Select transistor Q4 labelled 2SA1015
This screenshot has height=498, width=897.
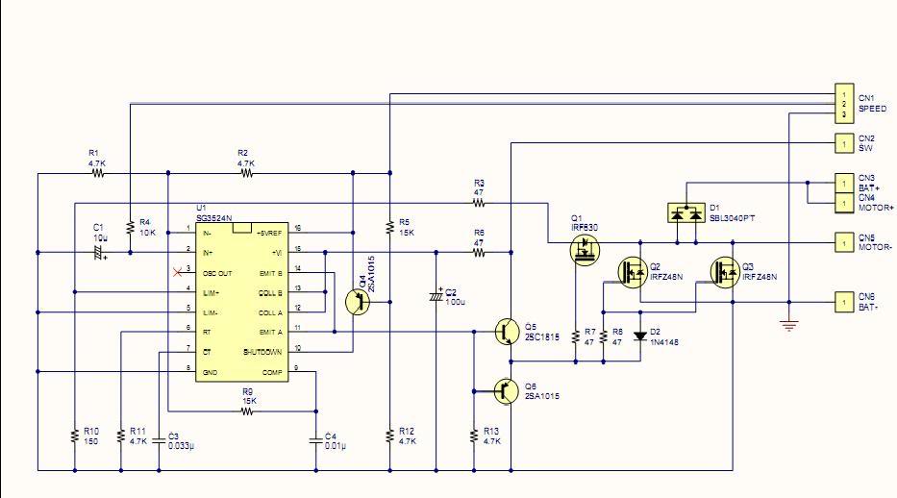pos(358,301)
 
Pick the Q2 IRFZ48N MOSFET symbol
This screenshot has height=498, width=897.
pos(631,272)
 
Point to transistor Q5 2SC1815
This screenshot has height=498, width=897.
pos(506,332)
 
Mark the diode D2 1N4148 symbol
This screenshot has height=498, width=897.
pos(640,337)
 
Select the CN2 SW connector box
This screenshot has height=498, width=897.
pos(842,143)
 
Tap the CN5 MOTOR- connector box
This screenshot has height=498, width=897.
pos(842,241)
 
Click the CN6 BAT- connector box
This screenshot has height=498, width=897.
pos(842,302)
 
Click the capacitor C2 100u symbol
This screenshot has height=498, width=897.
pos(437,296)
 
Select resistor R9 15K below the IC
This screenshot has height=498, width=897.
pos(247,411)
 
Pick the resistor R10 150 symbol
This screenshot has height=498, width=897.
pos(75,436)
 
